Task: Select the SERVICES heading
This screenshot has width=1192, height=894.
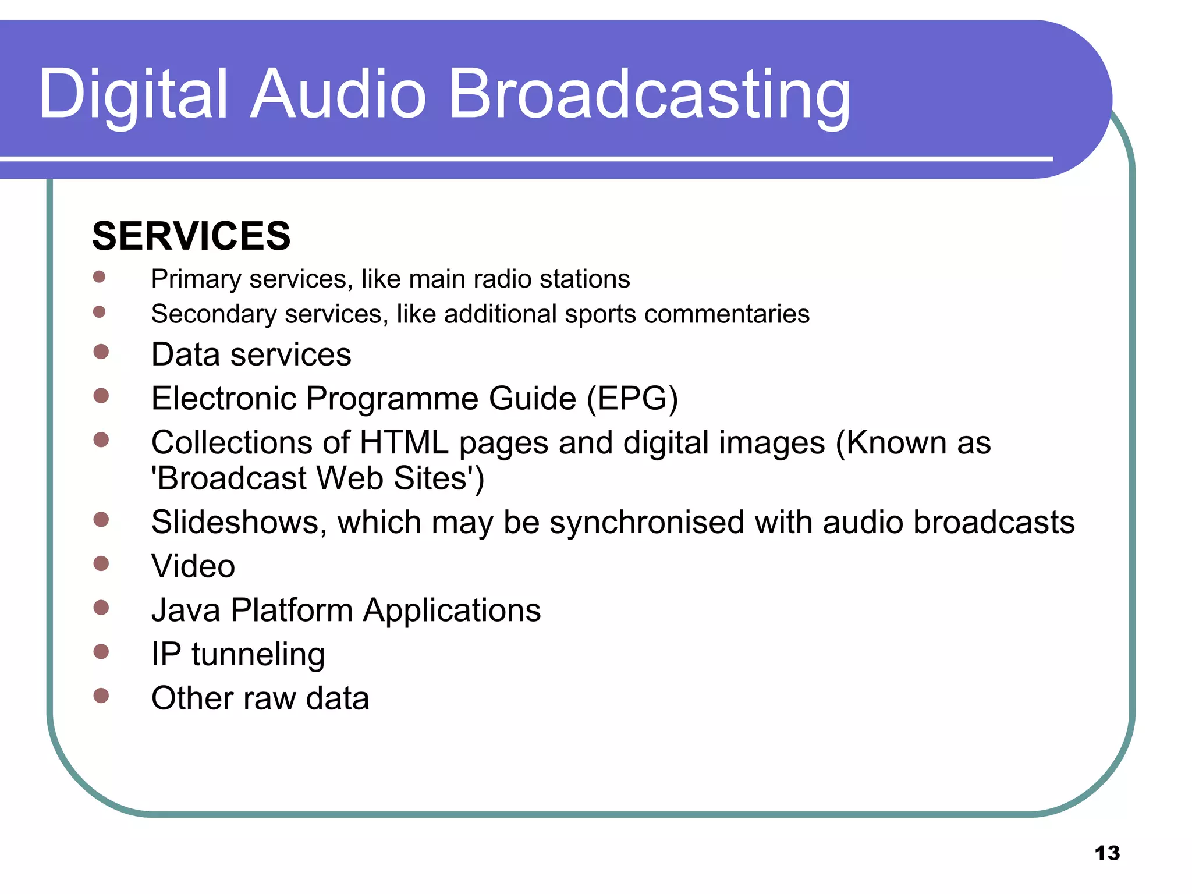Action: tap(191, 236)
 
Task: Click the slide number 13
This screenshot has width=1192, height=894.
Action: tap(1107, 853)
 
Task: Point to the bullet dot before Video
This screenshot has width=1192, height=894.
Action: tap(101, 563)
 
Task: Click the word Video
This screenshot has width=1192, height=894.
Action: tap(193, 566)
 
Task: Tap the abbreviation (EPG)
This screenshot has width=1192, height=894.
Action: tap(632, 399)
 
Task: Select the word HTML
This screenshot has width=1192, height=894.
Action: tap(404, 443)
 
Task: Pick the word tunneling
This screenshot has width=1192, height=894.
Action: tap(258, 655)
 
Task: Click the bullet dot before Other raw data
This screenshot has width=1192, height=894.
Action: tap(101, 696)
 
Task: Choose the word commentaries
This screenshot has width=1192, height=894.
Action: tap(727, 314)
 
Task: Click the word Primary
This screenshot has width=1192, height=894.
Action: tap(196, 279)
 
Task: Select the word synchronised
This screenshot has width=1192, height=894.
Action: tap(647, 522)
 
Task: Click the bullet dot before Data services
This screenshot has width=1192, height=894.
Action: tap(101, 352)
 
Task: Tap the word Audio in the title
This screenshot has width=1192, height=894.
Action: tap(339, 94)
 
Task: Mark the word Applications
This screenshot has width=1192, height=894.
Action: tap(452, 611)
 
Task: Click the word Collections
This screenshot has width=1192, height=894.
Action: tap(232, 443)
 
